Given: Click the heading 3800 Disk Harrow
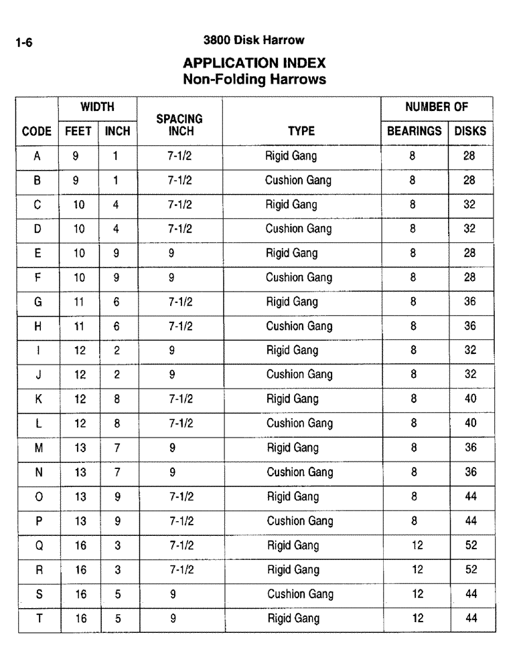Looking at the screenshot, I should (x=254, y=40).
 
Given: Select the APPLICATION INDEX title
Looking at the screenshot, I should (x=254, y=64).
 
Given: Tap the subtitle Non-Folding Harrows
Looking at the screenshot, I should (x=254, y=80).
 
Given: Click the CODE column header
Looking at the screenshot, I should (x=38, y=131).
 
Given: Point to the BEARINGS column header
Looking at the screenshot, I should (x=415, y=131).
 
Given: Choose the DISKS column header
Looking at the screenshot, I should (x=470, y=131).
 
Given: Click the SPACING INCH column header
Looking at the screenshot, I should (x=179, y=125).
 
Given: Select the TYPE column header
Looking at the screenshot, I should (x=301, y=131).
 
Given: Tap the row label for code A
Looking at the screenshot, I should (x=38, y=156).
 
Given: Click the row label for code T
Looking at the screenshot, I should (x=39, y=618).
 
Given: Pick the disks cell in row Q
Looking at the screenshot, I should (x=471, y=545).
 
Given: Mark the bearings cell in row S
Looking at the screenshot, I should (x=417, y=594).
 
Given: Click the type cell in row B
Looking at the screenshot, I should (x=298, y=180).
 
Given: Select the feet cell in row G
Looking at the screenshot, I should (x=80, y=302).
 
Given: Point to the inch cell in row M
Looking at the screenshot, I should (x=117, y=448).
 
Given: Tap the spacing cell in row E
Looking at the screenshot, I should (x=172, y=253).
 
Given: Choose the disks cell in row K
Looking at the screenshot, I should (x=471, y=399).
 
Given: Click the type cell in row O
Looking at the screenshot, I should (x=293, y=496).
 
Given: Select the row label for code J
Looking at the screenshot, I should (x=38, y=375).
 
